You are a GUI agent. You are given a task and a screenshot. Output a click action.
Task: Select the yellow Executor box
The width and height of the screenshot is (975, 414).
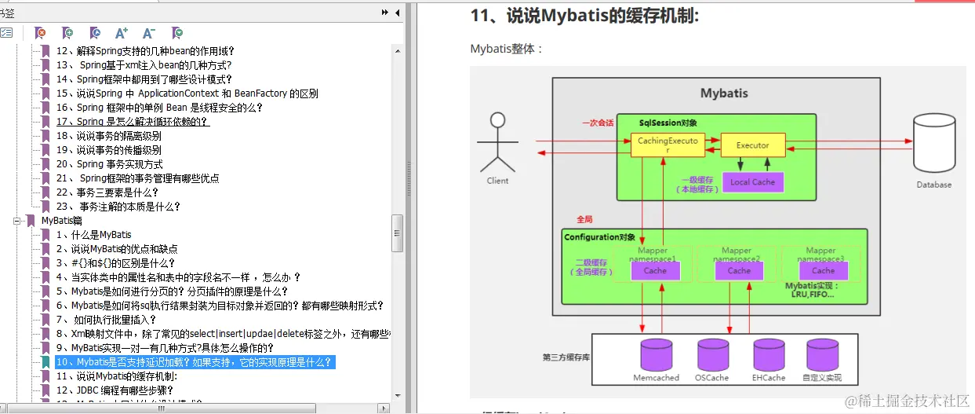coord(752,145)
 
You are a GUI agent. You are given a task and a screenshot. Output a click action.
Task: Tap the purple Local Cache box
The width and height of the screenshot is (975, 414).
coord(752,181)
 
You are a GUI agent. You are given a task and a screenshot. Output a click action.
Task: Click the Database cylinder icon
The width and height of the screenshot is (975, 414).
coord(933,143)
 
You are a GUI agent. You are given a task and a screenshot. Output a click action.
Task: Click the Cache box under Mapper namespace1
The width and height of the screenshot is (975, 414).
coord(655,270)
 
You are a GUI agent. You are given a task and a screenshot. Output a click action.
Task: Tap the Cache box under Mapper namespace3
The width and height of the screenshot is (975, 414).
coord(823,270)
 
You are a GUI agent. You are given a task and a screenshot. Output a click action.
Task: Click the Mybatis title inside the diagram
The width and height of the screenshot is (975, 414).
coord(723,93)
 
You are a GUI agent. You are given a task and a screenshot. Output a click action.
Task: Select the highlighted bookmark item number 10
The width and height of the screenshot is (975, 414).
coord(195,362)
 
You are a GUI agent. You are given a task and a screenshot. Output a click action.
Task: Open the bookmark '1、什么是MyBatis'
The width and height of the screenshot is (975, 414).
coord(93,235)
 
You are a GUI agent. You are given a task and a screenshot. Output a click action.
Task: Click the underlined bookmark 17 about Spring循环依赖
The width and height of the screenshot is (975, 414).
coord(133,122)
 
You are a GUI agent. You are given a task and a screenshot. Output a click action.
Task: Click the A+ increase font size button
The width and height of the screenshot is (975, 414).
coord(122,33)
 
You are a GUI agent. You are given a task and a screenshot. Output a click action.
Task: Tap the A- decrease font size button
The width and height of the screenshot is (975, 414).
coord(149,33)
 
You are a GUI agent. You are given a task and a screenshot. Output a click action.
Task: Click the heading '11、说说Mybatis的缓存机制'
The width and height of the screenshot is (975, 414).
coord(584,16)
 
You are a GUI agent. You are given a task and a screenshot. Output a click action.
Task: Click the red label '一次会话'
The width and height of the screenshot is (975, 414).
coord(597,123)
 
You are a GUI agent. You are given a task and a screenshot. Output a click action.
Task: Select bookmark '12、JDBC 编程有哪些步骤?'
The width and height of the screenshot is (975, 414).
coord(115,390)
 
